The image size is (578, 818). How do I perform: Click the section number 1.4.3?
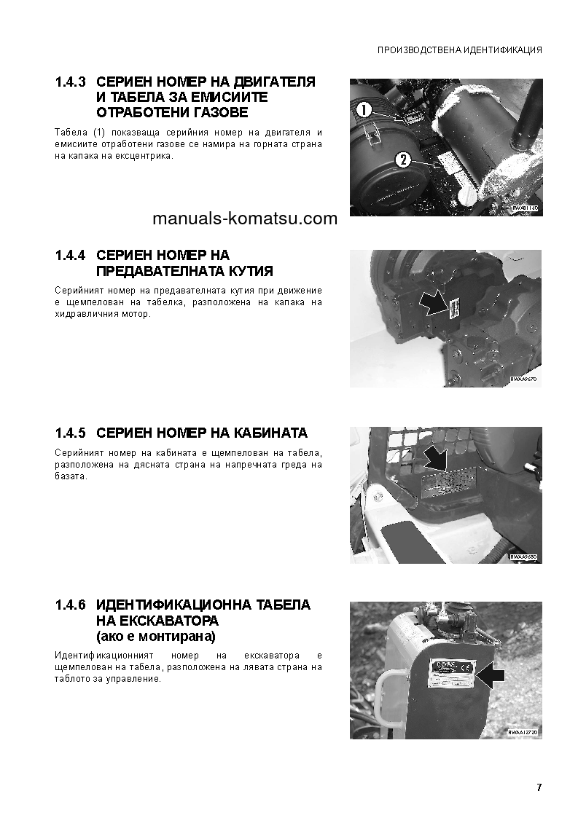pos(71,82)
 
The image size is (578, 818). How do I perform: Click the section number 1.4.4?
pos(71,256)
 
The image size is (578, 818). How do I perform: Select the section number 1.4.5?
pos(71,433)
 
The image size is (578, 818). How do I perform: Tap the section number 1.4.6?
pos(71,605)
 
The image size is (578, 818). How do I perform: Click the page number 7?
pos(539,787)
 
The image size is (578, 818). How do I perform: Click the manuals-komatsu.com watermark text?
pos(246,219)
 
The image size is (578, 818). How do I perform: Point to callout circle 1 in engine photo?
pos(364,111)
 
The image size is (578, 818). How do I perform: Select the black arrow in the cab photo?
pos(437,459)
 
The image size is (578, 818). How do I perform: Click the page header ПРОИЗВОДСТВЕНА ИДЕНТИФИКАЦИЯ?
pos(459,51)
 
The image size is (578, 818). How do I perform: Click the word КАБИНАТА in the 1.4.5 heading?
pos(271,433)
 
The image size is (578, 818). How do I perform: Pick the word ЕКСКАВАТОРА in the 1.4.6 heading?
pos(166,621)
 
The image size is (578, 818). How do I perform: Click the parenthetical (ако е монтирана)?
pos(156,637)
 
